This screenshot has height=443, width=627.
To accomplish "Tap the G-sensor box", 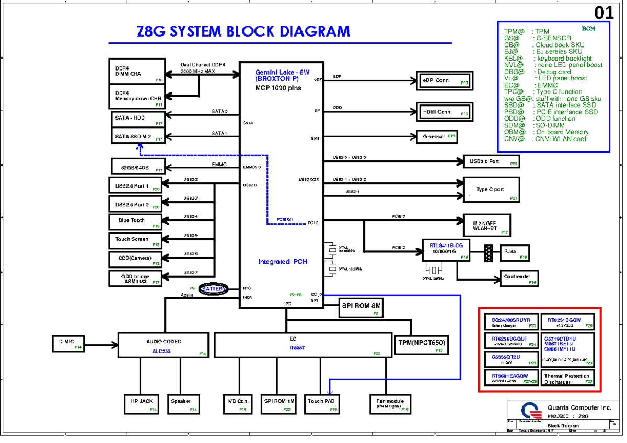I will [x=437, y=137].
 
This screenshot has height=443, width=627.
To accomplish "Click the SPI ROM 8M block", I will [x=362, y=308].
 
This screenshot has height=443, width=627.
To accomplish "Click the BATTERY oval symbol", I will [x=214, y=289].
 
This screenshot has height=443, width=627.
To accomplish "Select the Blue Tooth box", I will [x=136, y=221].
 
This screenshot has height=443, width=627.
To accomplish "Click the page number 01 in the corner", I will [x=603, y=13].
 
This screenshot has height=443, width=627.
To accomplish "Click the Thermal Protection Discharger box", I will [x=568, y=378].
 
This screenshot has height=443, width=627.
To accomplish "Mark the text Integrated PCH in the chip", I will [x=283, y=261].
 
